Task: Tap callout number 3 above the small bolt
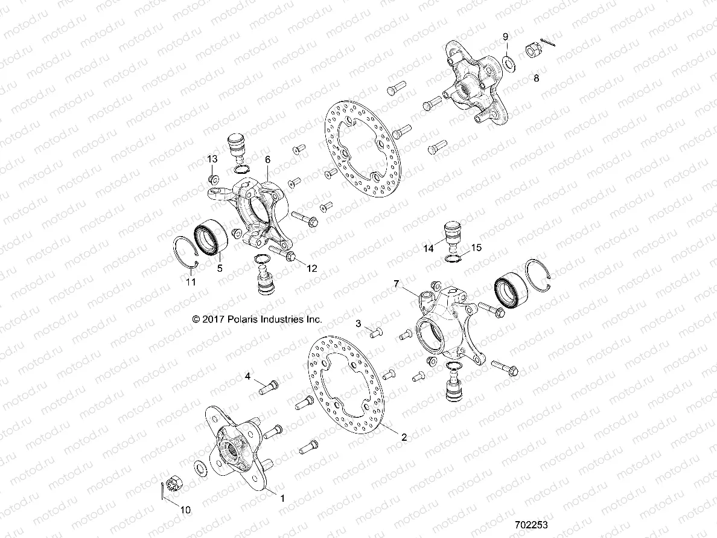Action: coord(358,324)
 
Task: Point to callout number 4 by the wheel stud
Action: coord(247,377)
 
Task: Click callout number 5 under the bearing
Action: coord(220,267)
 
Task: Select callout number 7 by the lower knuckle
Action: coord(397,284)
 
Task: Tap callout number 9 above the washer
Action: coord(506,37)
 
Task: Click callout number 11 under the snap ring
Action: coord(191,281)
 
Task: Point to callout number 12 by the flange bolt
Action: coord(312,267)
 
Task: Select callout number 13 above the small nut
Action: coord(212,159)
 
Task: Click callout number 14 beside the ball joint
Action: coord(429,248)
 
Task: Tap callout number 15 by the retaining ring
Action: coord(476,248)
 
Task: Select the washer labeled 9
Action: coord(509,60)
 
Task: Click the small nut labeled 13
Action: coord(213,179)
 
